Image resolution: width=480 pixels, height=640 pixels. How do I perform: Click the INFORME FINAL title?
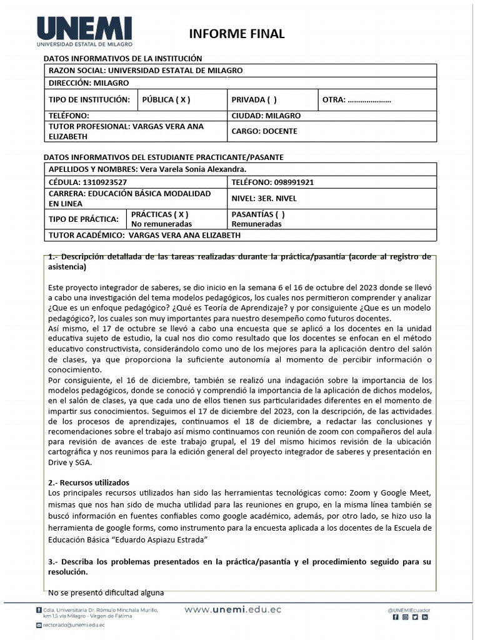(x=237, y=34)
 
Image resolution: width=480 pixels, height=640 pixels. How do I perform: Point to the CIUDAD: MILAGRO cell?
(x=266, y=116)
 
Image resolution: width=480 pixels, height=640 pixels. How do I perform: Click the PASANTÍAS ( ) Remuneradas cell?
(x=257, y=219)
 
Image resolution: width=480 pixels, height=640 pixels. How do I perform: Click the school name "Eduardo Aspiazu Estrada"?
(x=164, y=539)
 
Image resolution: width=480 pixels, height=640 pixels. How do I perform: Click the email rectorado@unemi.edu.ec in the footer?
(x=74, y=624)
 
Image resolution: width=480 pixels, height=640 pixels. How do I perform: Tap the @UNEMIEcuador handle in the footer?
(x=409, y=609)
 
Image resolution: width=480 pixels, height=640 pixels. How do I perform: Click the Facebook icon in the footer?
(x=395, y=617)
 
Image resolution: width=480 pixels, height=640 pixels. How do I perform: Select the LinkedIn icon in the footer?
(x=425, y=617)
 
